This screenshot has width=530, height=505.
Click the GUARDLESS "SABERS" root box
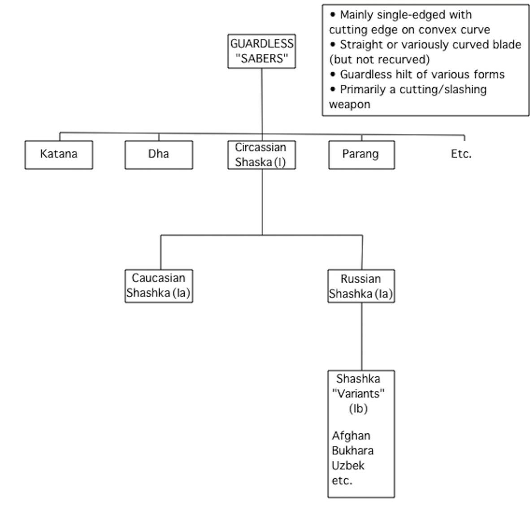[x=261, y=52]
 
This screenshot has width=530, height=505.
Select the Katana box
[x=59, y=155]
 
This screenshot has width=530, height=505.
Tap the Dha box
[x=159, y=155]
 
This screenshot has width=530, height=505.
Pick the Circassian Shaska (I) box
[x=261, y=155]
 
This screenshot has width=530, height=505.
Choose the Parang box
[x=362, y=155]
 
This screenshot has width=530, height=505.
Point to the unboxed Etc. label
[x=461, y=154]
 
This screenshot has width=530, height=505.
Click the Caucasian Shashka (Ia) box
[x=159, y=286]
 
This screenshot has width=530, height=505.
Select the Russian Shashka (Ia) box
[x=361, y=286]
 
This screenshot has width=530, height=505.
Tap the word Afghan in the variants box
[x=351, y=436]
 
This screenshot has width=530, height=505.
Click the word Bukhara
[x=352, y=451]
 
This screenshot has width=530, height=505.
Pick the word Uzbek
[x=348, y=466]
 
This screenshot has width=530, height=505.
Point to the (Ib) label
[x=358, y=409]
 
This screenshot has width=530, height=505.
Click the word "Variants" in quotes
[x=358, y=393]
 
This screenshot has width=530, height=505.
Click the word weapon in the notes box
[x=349, y=105]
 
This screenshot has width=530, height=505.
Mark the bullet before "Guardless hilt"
[x=333, y=74]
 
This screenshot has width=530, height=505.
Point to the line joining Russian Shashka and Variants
[x=362, y=337]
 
